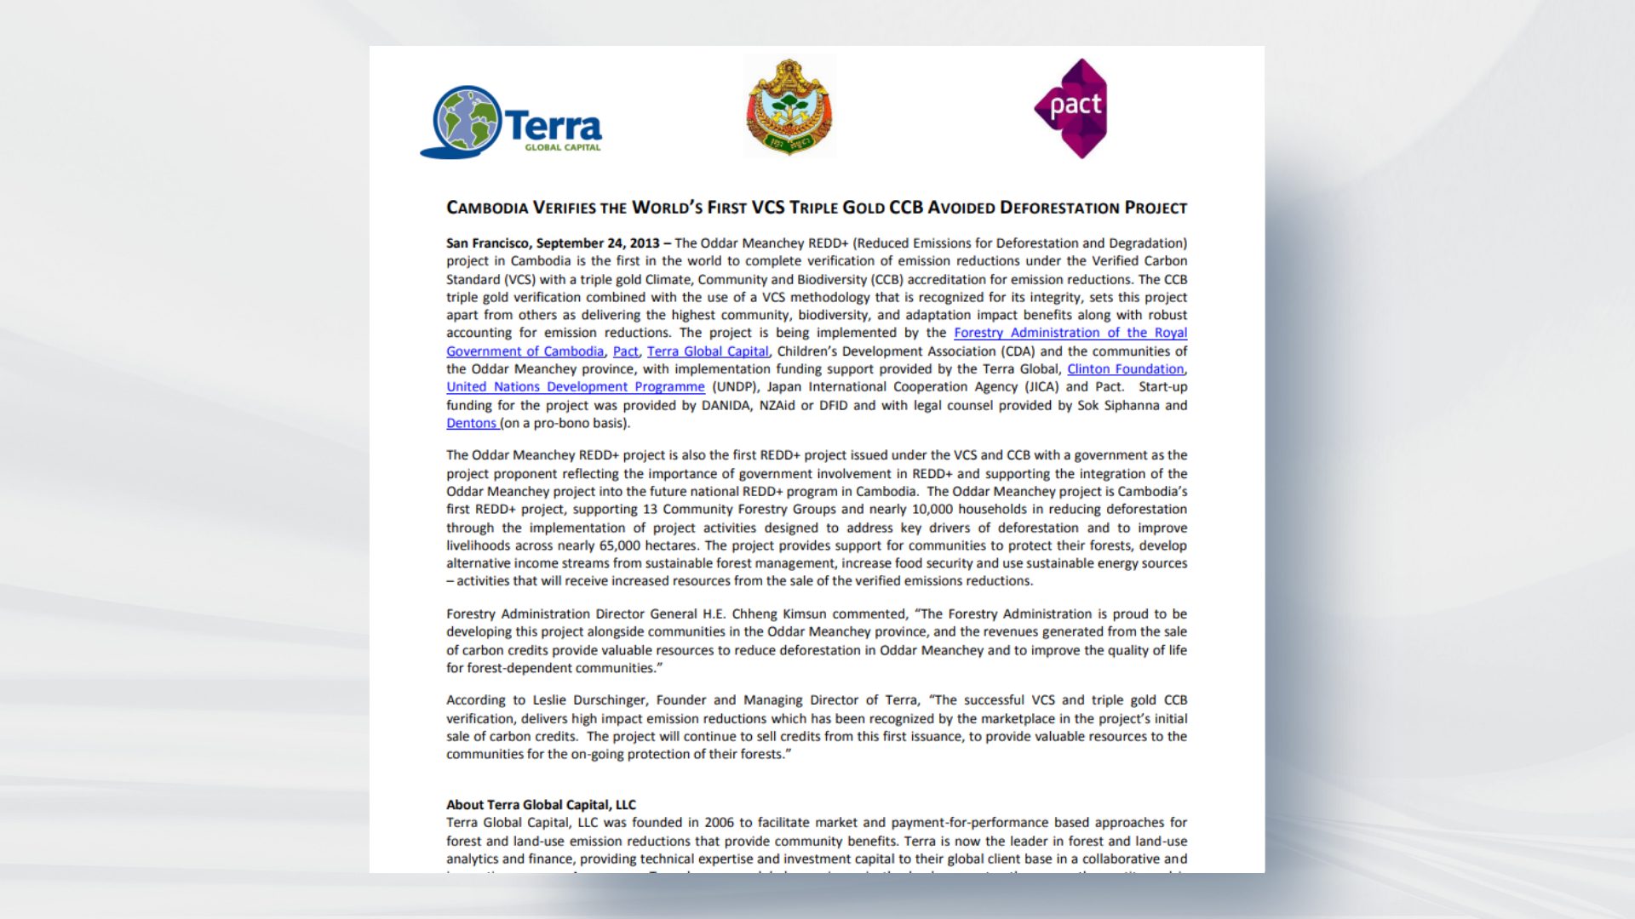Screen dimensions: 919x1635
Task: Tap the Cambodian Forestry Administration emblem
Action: pyautogui.click(x=789, y=107)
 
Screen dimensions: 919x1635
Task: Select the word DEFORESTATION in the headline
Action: pyautogui.click(x=1059, y=208)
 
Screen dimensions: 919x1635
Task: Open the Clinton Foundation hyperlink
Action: pyautogui.click(x=1125, y=369)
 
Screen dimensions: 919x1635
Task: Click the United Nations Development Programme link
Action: pyautogui.click(x=575, y=387)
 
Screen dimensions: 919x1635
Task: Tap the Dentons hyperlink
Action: pyautogui.click(x=471, y=423)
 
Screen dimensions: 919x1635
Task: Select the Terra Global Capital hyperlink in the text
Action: pyautogui.click(x=708, y=351)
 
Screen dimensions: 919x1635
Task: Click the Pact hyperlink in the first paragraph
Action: pyautogui.click(x=625, y=351)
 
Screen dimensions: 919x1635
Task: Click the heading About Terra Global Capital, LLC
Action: pyautogui.click(x=541, y=805)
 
